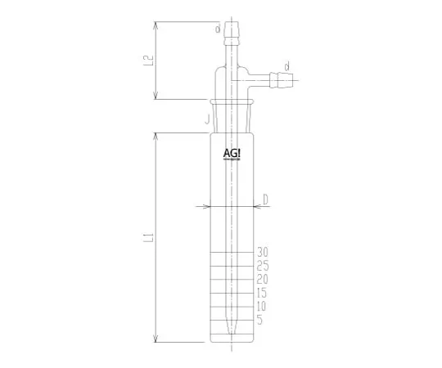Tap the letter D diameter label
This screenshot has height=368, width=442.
pyautogui.click(x=266, y=199)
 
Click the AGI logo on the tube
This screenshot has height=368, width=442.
pyautogui.click(x=232, y=154)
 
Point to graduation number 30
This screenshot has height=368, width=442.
pyautogui.click(x=262, y=252)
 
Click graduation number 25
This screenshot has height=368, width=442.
pyautogui.click(x=262, y=266)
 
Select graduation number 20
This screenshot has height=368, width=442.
pyautogui.click(x=262, y=279)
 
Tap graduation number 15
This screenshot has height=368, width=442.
pyautogui.click(x=262, y=292)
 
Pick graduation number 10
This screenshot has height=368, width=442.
pyautogui.click(x=262, y=306)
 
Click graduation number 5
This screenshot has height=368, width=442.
pyautogui.click(x=259, y=319)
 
